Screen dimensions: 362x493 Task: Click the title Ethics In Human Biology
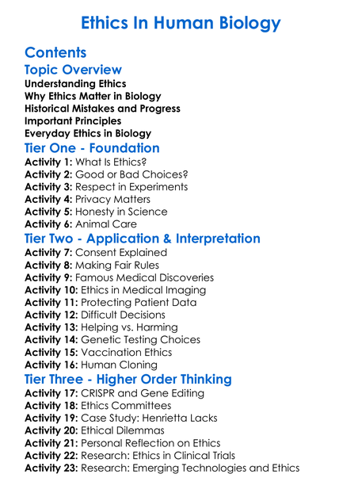click(x=181, y=22)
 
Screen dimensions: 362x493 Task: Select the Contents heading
click(x=55, y=53)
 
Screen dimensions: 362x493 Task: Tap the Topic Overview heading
click(x=73, y=70)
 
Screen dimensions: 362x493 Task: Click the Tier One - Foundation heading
click(x=92, y=148)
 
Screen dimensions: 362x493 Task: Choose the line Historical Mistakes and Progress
click(x=102, y=108)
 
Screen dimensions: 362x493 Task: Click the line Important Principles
click(x=73, y=120)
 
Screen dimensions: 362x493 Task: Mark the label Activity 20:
click(x=52, y=430)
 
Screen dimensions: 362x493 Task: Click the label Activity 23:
click(x=52, y=468)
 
